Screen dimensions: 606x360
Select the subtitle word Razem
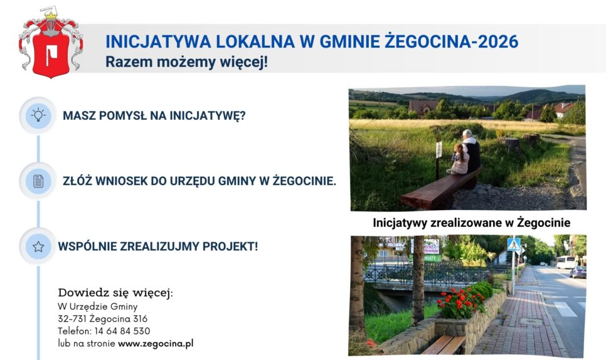pos(129,62)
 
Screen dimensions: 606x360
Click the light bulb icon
pos(38,115)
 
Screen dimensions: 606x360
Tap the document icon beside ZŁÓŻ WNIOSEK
pos(38,181)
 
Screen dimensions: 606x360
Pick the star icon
pos(38,246)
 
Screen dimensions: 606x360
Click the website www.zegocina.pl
pos(156,344)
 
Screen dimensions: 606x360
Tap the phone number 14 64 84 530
pos(122,331)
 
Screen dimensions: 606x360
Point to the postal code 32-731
pos(72,319)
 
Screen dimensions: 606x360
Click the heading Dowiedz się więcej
pos(115,293)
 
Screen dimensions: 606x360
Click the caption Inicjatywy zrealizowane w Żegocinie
pos(472,223)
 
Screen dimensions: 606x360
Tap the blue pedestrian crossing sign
pos(514,245)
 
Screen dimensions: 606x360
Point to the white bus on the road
pos(566,262)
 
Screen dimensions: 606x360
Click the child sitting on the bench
pos(459,159)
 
